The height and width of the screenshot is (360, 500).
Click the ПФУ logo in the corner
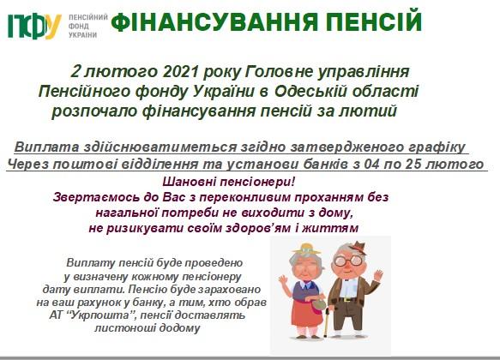34,26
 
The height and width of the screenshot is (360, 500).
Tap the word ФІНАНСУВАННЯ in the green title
214,21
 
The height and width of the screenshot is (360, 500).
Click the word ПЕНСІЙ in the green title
374,21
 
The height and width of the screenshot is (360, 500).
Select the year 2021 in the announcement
180,72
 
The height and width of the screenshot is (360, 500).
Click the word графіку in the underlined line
437,147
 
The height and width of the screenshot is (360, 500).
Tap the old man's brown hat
358,247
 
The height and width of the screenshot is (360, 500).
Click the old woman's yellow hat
306,249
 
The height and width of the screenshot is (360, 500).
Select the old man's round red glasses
347,261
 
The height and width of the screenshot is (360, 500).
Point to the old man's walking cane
327,321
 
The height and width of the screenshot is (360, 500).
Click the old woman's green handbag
319,305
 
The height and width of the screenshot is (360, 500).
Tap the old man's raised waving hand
378,275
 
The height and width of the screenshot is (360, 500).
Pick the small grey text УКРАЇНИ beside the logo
83,35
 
